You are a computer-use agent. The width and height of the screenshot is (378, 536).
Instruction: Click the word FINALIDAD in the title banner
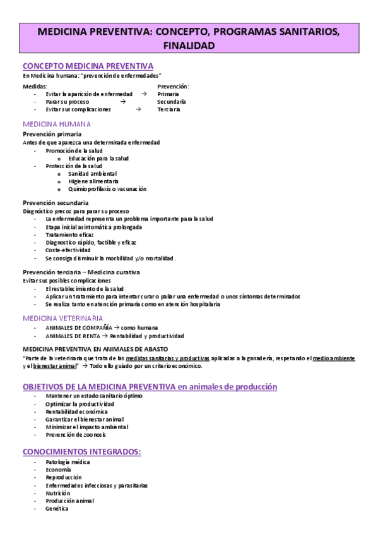(x=189, y=46)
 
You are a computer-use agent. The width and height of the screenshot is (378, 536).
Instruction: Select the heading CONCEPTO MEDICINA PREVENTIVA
(x=88, y=66)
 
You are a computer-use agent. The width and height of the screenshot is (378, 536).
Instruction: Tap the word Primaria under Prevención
(x=168, y=94)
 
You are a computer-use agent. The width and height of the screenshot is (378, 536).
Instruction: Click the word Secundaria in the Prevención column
(x=172, y=101)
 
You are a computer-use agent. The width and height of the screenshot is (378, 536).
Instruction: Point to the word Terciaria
(x=168, y=109)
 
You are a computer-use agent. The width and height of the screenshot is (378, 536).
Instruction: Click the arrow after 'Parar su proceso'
(x=122, y=101)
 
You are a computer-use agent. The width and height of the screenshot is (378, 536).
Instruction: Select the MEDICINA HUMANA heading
(x=57, y=124)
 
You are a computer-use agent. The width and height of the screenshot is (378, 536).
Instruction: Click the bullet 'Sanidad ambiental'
(x=93, y=173)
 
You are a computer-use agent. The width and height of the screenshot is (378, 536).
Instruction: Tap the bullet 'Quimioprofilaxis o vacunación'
(x=107, y=188)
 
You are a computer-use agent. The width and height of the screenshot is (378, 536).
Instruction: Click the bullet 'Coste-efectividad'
(x=68, y=250)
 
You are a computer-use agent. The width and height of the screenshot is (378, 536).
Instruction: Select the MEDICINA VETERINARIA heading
(x=62, y=317)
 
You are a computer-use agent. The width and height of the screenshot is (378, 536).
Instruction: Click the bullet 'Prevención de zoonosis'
(x=76, y=434)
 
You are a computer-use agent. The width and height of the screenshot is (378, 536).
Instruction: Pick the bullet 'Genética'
(x=57, y=508)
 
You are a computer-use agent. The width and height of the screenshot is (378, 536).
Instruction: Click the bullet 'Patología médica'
(x=68, y=462)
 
